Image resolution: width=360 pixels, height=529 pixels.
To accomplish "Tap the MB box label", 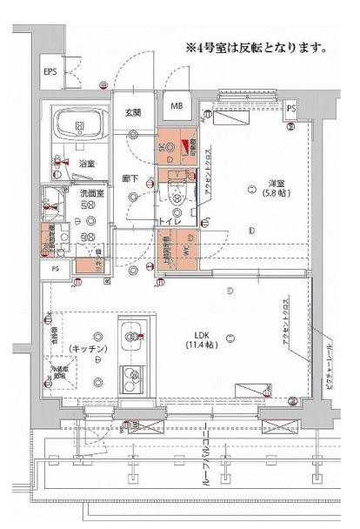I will point(177,106).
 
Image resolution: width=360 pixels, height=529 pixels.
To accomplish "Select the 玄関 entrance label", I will point(132,112).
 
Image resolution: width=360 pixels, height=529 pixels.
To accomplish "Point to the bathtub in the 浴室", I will point(80,128).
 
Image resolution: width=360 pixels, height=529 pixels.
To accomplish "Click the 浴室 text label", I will point(88,163).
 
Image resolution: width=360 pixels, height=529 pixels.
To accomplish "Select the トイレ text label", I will point(168,223).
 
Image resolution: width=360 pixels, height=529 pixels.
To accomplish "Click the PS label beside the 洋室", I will point(291,109).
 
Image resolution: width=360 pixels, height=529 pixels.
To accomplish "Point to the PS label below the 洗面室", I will point(56,269).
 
